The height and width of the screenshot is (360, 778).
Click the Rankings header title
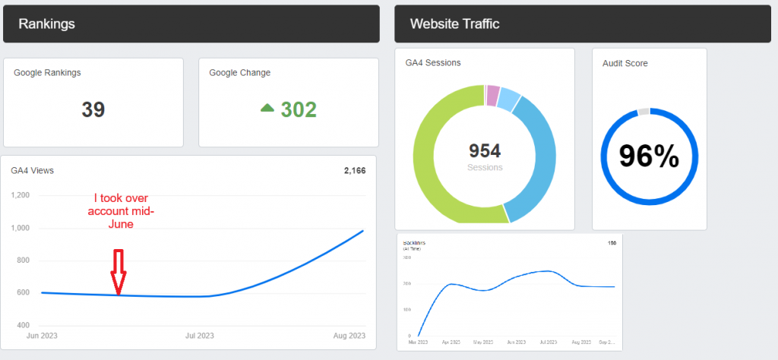[x=46, y=24]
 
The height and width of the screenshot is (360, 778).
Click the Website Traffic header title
[x=454, y=24]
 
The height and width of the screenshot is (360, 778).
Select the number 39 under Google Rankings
[x=93, y=109]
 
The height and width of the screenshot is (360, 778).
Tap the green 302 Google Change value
[x=299, y=109]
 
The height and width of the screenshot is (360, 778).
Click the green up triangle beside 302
[x=267, y=109]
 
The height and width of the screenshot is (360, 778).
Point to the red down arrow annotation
[x=118, y=270]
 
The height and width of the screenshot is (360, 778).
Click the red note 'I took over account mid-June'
[x=122, y=211]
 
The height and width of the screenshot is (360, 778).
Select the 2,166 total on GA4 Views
[x=354, y=171]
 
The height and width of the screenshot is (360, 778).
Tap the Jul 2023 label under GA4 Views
[x=201, y=335]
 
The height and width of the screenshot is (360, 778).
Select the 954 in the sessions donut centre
[x=484, y=151]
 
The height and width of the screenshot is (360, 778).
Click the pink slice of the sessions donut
[x=493, y=96]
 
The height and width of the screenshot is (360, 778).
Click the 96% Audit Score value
[x=648, y=156]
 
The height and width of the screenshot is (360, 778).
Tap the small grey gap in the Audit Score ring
[x=644, y=112]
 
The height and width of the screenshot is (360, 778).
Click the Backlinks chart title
[x=414, y=243]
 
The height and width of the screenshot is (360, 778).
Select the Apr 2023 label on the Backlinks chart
[x=451, y=343]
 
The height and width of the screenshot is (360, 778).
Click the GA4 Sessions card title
[x=433, y=63]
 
